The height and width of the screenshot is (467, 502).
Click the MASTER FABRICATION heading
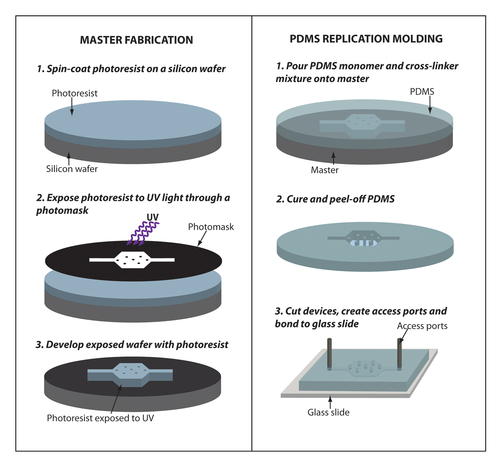(x=136, y=40)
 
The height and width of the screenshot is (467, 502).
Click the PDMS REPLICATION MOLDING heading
(x=366, y=39)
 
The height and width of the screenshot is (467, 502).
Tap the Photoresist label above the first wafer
(x=74, y=93)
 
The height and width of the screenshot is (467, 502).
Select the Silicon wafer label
(x=72, y=169)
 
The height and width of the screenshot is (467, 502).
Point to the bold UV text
(x=153, y=217)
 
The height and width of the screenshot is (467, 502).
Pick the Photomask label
(x=211, y=227)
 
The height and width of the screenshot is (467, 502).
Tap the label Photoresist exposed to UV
(x=100, y=418)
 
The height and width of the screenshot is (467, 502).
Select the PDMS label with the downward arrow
(x=422, y=92)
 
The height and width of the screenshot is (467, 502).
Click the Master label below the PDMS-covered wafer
(x=325, y=170)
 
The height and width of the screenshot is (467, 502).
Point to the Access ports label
(x=422, y=326)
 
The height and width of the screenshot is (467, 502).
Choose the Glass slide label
(x=329, y=412)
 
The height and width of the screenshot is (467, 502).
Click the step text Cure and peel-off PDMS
(x=335, y=199)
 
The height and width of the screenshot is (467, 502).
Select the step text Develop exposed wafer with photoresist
(x=132, y=345)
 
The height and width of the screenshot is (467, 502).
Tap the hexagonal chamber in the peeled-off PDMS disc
(x=363, y=238)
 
